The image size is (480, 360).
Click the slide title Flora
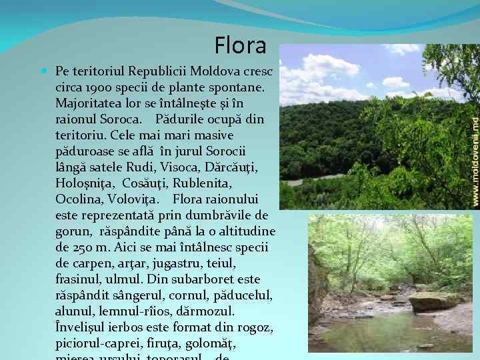[241, 45]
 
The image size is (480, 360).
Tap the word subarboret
[200, 279]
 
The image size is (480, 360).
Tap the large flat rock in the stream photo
[433, 301]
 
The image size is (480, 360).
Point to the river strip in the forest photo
[313, 179]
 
